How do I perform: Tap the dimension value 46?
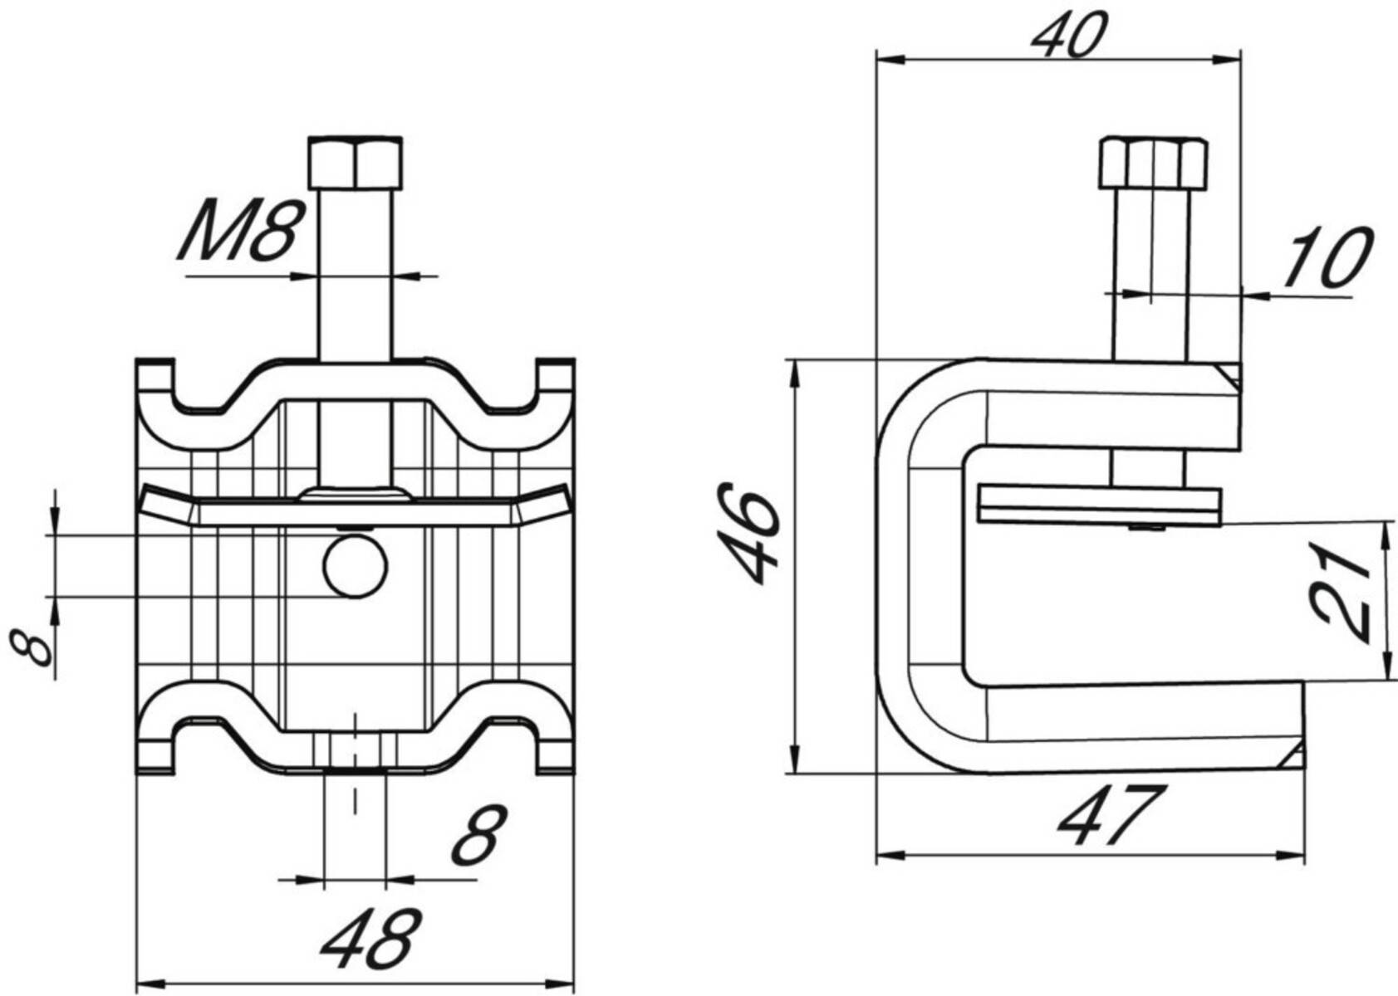point(749,535)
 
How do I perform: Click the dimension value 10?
point(1327,257)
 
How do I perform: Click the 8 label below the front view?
point(478,834)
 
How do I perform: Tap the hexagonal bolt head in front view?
point(356,163)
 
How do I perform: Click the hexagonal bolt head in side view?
point(1153,163)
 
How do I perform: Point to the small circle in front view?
point(356,567)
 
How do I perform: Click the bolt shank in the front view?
point(356,274)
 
